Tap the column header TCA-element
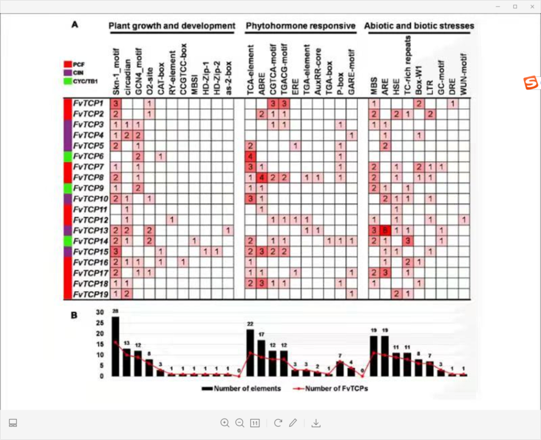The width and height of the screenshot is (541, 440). [x=250, y=70]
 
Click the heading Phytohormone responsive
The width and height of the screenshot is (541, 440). [x=300, y=26]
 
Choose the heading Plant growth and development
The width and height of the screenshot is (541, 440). [x=172, y=26]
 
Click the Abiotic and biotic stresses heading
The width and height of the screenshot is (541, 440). [x=419, y=26]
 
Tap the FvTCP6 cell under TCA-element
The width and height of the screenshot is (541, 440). [x=250, y=156]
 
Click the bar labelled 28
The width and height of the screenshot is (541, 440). [x=115, y=346]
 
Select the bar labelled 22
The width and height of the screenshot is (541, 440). [x=250, y=353]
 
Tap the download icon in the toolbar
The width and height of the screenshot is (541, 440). [x=316, y=423]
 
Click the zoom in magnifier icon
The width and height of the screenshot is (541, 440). [x=224, y=423]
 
